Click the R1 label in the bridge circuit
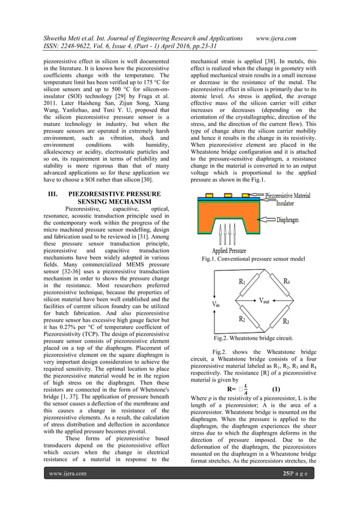click(242, 281)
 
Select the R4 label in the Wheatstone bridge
click(286, 281)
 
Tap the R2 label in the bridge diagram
click(242, 320)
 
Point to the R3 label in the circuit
click(286, 321)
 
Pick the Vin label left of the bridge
click(217, 304)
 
